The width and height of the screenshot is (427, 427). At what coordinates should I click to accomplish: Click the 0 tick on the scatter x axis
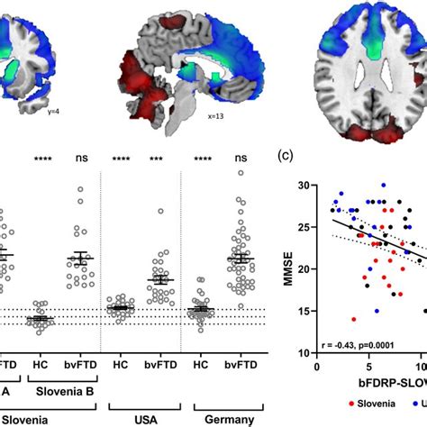click(x=317, y=368)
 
